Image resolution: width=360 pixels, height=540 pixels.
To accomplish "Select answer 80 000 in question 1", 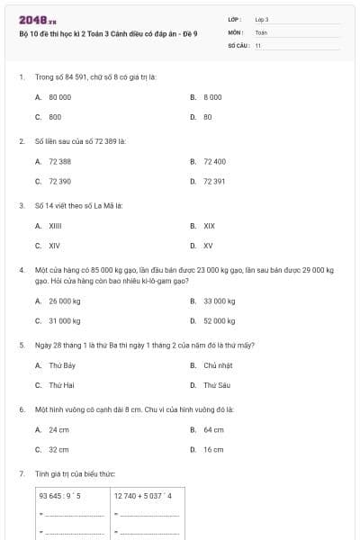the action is [x=59, y=96].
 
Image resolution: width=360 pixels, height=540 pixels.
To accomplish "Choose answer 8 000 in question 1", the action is [x=212, y=96].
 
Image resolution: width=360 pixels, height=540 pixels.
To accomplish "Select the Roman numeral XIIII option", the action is [x=55, y=226].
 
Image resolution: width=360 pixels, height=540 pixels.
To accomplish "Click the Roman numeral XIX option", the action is [x=209, y=226].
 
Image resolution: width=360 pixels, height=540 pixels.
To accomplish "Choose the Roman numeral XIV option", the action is [x=54, y=245].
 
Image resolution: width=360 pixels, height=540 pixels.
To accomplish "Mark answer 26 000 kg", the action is [x=64, y=301].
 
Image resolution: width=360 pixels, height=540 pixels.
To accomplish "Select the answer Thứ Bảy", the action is [x=61, y=365].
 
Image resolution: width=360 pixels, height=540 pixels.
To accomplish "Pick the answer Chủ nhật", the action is [x=218, y=365].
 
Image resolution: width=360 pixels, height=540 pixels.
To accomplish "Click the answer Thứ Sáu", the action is [x=216, y=385].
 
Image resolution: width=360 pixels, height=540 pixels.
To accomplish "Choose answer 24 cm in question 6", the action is [x=58, y=429].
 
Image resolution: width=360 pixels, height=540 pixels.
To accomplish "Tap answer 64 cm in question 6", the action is [x=213, y=429].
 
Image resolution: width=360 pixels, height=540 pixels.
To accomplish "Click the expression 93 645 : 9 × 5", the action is [x=60, y=495].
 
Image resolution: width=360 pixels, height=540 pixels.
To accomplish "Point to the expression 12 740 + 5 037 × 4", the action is [x=143, y=495].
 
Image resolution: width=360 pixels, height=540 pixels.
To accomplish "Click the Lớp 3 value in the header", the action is [x=262, y=19].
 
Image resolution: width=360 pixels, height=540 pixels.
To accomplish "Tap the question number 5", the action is [x=21, y=345].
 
